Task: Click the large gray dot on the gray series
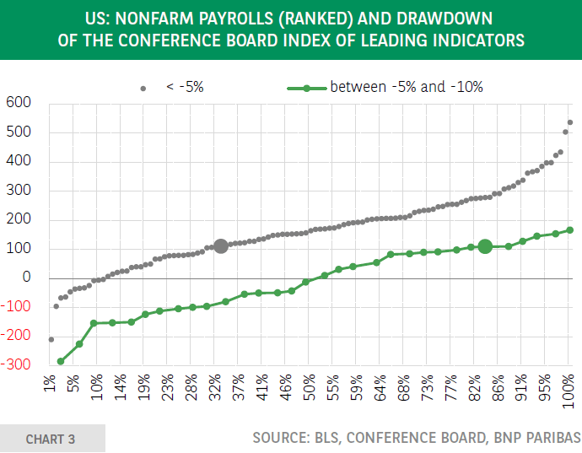click(221, 246)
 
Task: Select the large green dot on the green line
click(485, 246)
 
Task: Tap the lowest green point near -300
click(61, 361)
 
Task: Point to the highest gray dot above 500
click(570, 122)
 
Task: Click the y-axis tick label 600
click(18, 103)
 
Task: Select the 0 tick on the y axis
click(25, 278)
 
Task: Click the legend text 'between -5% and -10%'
click(407, 87)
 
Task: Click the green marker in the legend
click(308, 87)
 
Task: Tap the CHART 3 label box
click(51, 439)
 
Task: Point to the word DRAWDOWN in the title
click(447, 17)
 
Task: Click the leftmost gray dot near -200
click(51, 339)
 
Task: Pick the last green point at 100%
click(570, 229)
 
